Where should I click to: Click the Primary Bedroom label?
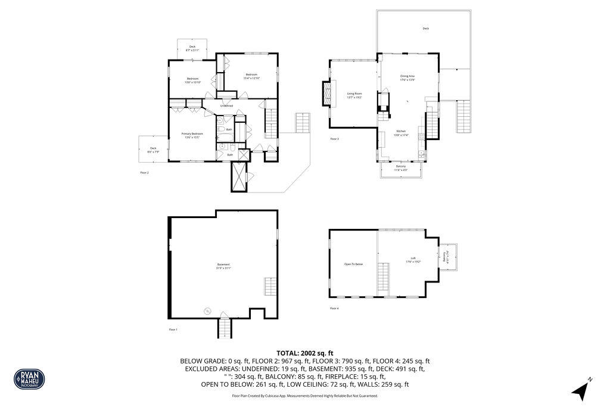tap(192, 135)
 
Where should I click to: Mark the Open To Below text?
tap(353, 264)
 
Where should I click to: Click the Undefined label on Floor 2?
tap(226, 106)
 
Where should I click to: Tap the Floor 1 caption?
tap(173, 330)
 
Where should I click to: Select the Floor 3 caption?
tap(334, 139)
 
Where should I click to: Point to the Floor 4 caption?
tap(334, 308)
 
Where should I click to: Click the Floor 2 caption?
tap(144, 173)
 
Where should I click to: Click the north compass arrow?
tap(581, 390)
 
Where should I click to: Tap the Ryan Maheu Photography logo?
tap(29, 378)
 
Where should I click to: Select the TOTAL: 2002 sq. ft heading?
tap(304, 353)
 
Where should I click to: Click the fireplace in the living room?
tap(325, 93)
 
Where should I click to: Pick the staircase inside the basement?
tap(271, 285)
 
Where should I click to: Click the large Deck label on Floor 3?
tap(425, 29)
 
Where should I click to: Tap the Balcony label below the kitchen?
tap(400, 167)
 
